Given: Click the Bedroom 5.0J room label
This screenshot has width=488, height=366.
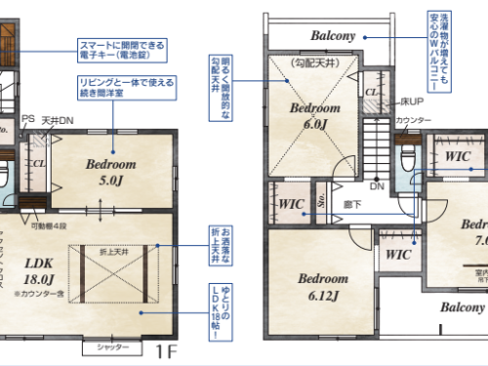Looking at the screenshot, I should (x=110, y=173).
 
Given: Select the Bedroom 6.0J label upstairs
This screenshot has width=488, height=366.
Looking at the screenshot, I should (x=313, y=114).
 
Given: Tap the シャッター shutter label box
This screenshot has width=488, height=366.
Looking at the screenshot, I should (x=108, y=347).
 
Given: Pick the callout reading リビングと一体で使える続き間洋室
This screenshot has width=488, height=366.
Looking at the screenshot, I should (x=127, y=90).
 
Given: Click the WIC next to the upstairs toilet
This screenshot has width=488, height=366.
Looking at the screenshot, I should (x=458, y=156).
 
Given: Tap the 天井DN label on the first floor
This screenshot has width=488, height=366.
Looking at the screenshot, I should (x=55, y=121).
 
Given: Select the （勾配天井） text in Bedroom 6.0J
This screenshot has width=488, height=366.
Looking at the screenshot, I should (x=312, y=62).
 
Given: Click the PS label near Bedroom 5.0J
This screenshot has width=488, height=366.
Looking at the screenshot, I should (x=27, y=119).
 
